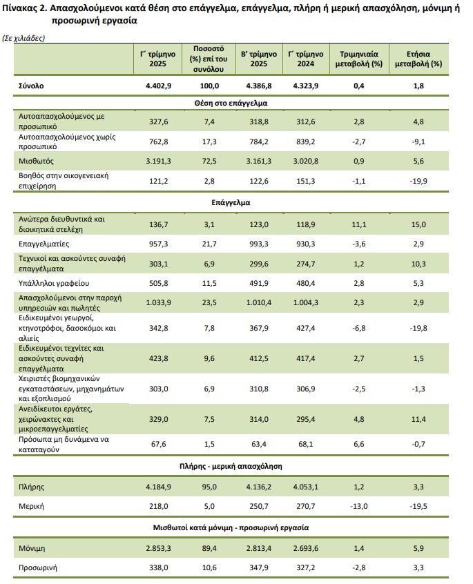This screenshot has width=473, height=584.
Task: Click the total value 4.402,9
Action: [x=162, y=86]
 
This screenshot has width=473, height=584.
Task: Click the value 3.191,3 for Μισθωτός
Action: [x=162, y=160]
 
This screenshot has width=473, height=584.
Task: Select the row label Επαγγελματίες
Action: [x=44, y=244]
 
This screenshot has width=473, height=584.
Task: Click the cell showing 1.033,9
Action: [x=162, y=302]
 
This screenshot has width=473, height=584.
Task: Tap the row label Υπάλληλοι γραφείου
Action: [x=54, y=283]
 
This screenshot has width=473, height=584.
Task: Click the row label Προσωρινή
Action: [x=37, y=567]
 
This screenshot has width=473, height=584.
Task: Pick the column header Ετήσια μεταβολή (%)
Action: [x=418, y=59]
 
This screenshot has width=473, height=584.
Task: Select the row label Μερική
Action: [x=32, y=506]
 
